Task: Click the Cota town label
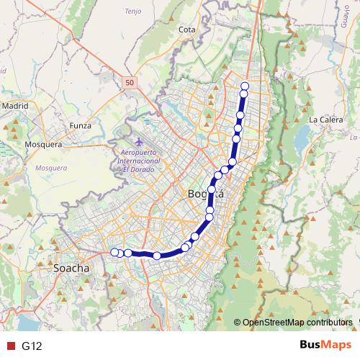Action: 186,30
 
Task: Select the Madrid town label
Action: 14,105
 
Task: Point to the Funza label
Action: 80,125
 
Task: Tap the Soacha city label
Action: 72,268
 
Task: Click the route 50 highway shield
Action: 128,83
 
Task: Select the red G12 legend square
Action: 10,346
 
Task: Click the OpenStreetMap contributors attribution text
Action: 297,323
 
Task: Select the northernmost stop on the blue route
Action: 245,86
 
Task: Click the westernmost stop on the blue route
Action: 114,252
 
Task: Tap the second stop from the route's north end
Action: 243,94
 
